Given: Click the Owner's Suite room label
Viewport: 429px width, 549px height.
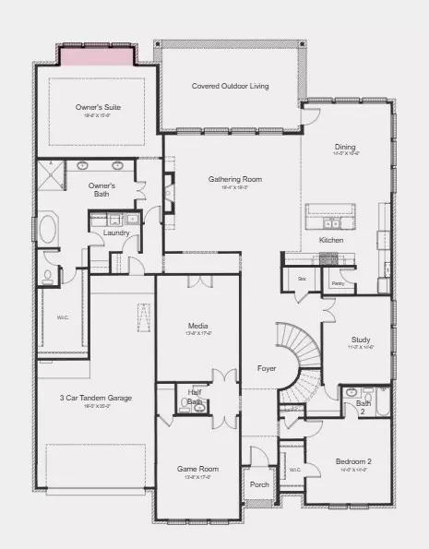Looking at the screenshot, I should click(x=98, y=107).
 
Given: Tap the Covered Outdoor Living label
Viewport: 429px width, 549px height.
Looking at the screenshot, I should click(x=230, y=86).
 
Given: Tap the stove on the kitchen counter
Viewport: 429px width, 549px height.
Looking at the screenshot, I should click(x=329, y=260).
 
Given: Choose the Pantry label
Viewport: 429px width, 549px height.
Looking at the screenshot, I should click(x=338, y=283).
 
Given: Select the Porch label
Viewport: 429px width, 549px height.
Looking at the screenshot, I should click(x=259, y=483).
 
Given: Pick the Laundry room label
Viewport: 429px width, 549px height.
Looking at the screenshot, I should click(x=116, y=233).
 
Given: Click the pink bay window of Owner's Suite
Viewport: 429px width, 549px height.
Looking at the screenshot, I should click(x=97, y=54).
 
